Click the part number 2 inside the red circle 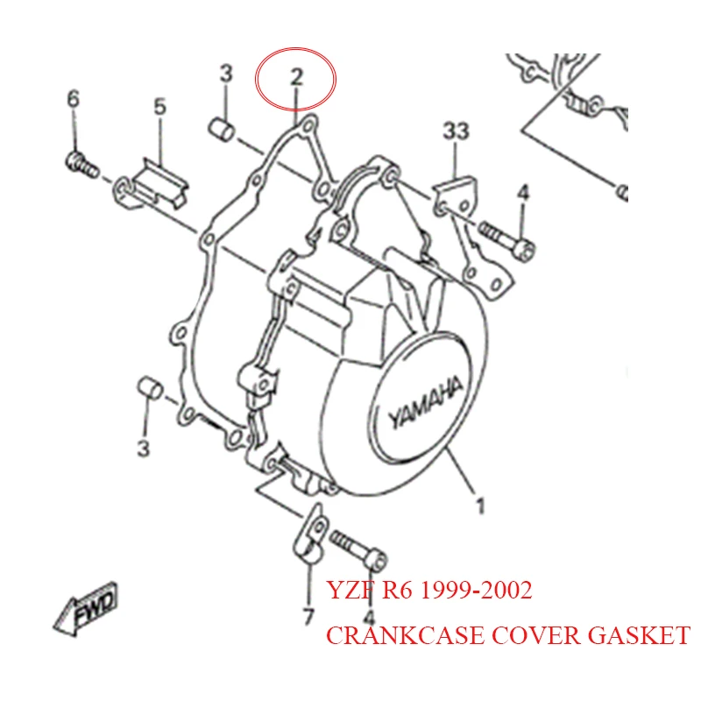pyautogui.click(x=295, y=76)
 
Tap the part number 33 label pyautogui.click(x=455, y=131)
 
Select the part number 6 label pyautogui.click(x=73, y=99)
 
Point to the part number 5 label pyautogui.click(x=159, y=107)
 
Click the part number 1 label pyautogui.click(x=480, y=506)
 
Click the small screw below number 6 pyautogui.click(x=81, y=164)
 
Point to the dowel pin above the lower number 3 pyautogui.click(x=149, y=388)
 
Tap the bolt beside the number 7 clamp pyautogui.click(x=362, y=550)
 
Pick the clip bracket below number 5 pyautogui.click(x=154, y=185)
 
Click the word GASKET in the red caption pyautogui.click(x=637, y=636)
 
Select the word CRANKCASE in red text pyautogui.click(x=393, y=636)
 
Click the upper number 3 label pyautogui.click(x=226, y=74)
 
